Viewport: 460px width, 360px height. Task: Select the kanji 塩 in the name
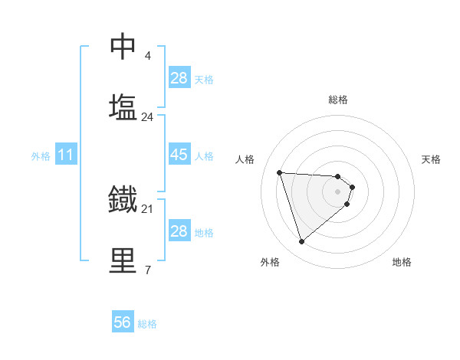click(123, 107)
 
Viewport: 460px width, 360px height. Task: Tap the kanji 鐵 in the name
click(123, 199)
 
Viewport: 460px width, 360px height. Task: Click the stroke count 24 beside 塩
click(148, 117)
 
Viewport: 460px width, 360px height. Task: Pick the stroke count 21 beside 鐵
click(148, 208)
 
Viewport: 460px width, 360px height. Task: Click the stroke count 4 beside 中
click(148, 55)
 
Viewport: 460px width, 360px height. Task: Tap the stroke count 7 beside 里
click(148, 270)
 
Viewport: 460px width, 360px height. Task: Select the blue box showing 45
click(179, 155)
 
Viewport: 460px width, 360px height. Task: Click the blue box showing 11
click(66, 155)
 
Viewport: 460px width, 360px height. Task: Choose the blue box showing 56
click(123, 322)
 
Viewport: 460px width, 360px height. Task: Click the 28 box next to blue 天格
click(179, 77)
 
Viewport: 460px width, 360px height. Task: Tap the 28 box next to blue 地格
click(179, 231)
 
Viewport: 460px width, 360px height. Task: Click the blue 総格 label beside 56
click(147, 324)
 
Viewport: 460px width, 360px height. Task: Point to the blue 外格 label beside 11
click(41, 156)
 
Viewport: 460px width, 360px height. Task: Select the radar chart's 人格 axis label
click(245, 159)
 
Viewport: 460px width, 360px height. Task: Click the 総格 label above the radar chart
click(338, 100)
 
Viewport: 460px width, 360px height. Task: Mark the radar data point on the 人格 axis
click(280, 172)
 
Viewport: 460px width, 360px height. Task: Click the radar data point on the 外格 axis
click(301, 242)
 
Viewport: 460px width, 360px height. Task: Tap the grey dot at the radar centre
click(338, 191)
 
